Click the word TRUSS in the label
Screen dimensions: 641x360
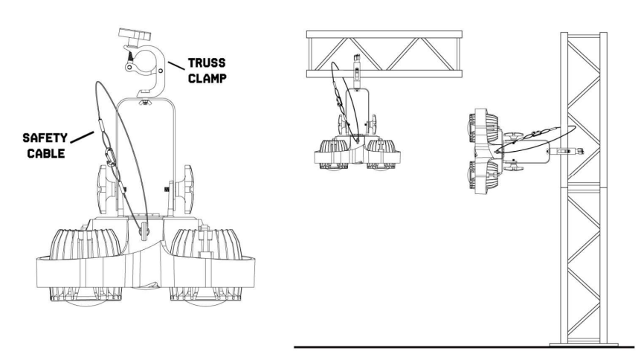click(207, 63)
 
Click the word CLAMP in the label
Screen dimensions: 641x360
click(207, 77)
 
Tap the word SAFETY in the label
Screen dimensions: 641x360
click(45, 138)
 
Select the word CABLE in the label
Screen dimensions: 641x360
click(46, 153)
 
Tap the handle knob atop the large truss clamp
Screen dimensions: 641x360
click(132, 35)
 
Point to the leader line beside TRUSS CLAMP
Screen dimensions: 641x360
click(175, 65)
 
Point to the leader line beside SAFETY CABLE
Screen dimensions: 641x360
click(82, 137)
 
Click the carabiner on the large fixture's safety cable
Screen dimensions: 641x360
click(110, 157)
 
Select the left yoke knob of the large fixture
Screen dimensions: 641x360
click(103, 190)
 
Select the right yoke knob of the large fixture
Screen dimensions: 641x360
click(188, 190)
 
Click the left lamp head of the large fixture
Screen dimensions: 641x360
click(86, 266)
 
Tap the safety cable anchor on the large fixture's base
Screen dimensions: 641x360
click(144, 231)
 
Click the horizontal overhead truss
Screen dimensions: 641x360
click(384, 54)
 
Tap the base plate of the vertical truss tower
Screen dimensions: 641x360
click(584, 344)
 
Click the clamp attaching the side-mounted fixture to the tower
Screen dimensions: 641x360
click(567, 152)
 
